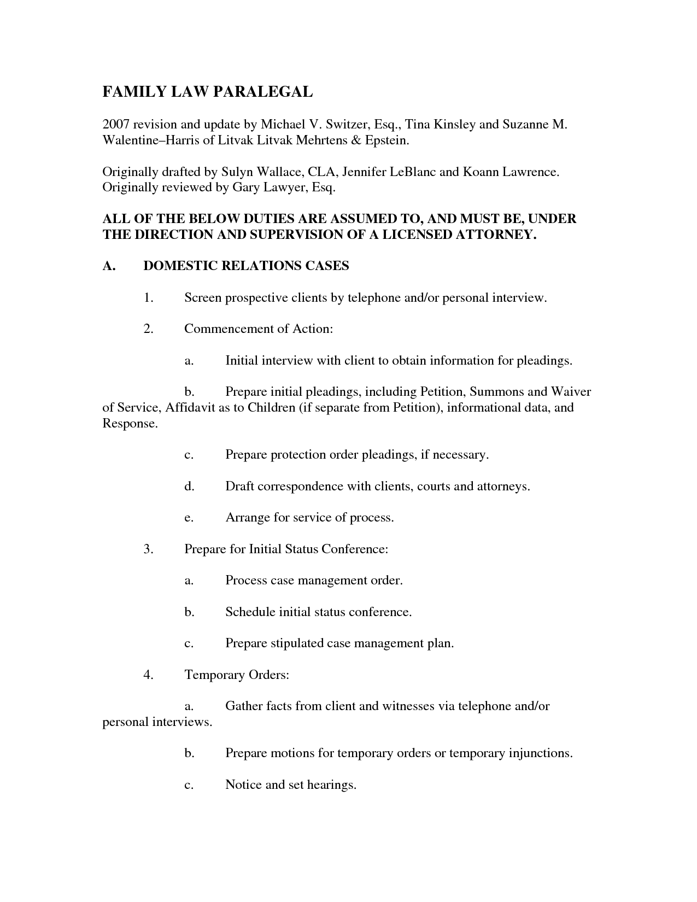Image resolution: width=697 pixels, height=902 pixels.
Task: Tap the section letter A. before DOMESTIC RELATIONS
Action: point(108,266)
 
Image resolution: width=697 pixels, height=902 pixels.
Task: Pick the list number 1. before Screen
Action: point(148,297)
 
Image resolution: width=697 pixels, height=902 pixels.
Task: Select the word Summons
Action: point(496,391)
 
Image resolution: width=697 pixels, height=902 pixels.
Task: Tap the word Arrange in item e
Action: point(248,517)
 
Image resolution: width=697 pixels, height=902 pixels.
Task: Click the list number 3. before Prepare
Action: point(148,549)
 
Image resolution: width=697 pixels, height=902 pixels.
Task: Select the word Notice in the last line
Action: point(243,784)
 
